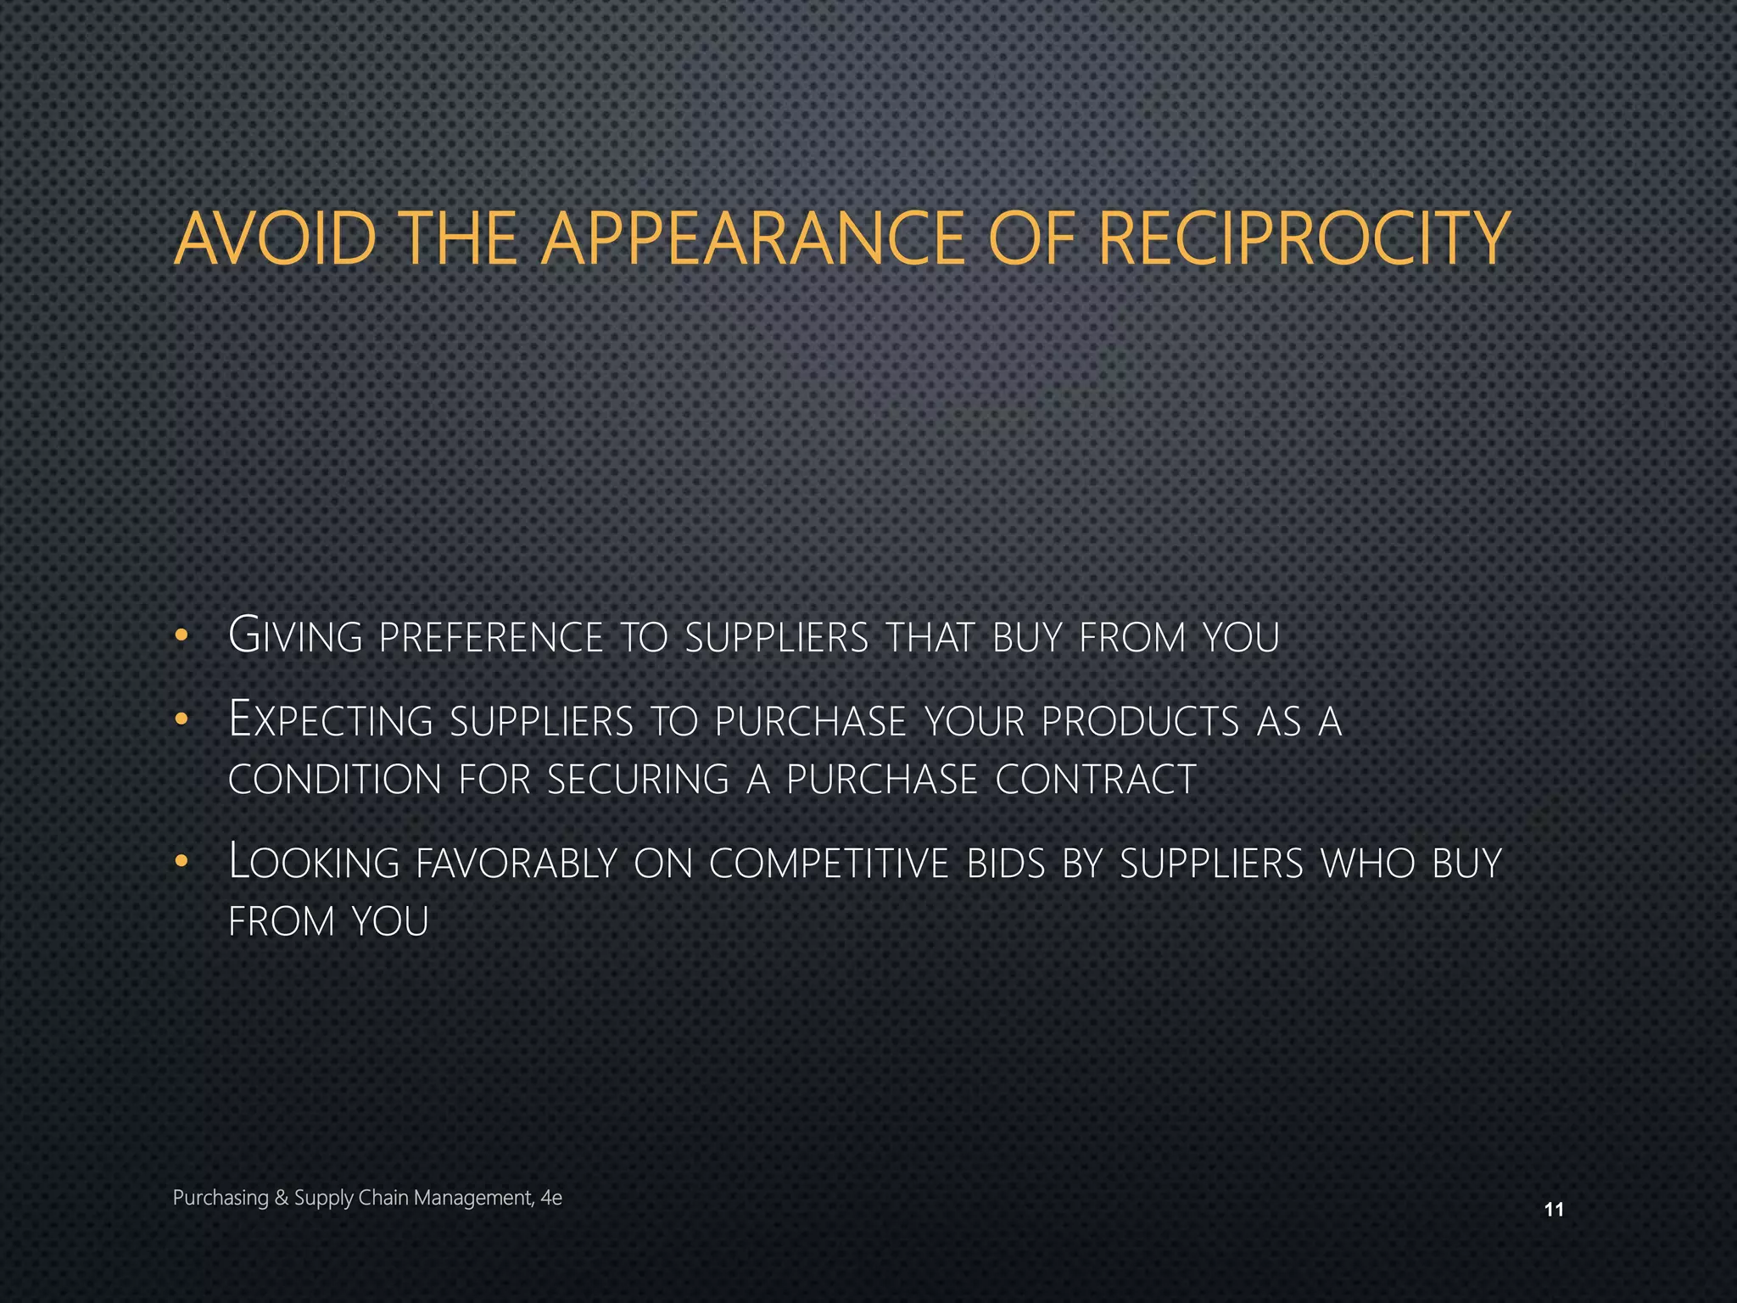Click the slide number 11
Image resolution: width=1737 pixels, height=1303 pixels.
(1554, 1210)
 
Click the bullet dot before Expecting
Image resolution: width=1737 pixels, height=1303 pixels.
(180, 720)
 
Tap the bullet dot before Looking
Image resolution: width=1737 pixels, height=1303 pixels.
(180, 863)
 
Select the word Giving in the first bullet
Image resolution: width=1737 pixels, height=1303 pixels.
(295, 636)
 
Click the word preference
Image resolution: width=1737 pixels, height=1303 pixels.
(491, 638)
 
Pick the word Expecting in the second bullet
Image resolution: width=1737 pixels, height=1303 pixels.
(331, 720)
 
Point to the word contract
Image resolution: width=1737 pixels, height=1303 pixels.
(1095, 780)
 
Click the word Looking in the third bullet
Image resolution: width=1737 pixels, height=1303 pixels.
(314, 863)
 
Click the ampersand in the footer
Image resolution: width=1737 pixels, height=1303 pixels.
(282, 1198)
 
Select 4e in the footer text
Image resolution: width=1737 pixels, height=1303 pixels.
(551, 1198)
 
